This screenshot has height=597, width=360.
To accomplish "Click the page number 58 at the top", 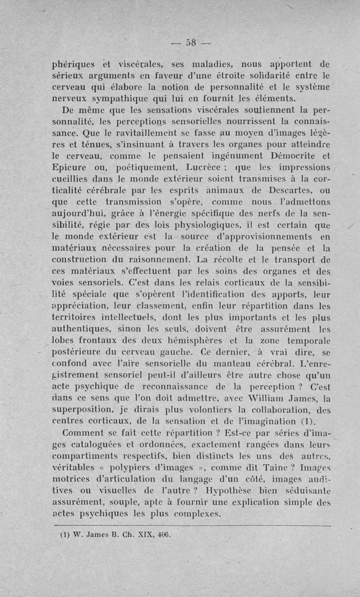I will [187, 43].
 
